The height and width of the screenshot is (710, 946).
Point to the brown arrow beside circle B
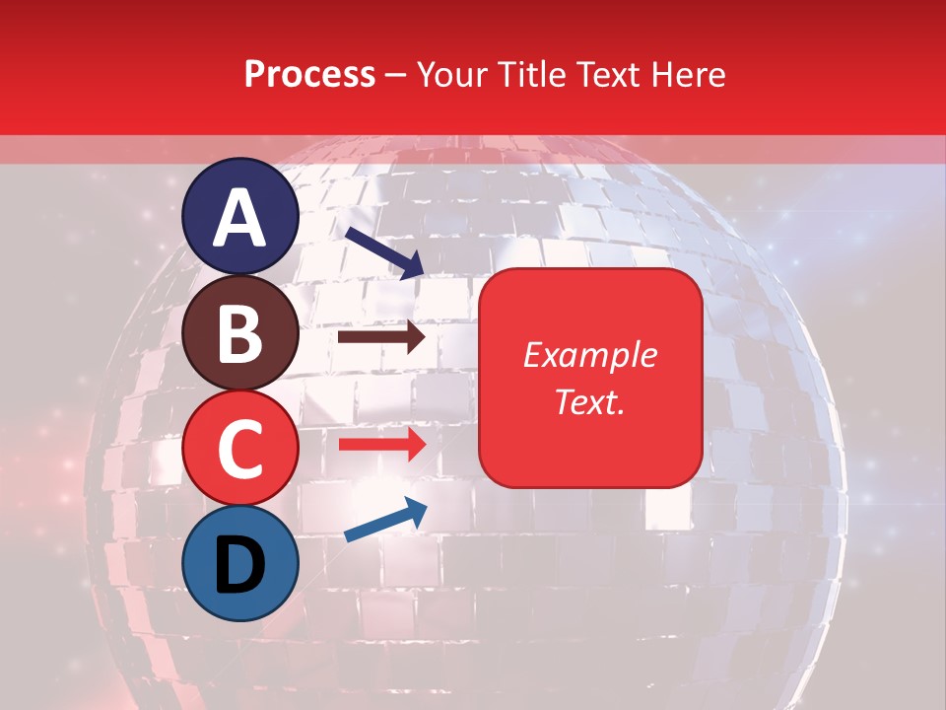(381, 337)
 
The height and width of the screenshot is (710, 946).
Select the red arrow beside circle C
(381, 444)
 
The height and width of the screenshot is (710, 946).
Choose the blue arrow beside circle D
(385, 521)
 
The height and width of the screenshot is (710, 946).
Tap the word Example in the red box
(590, 355)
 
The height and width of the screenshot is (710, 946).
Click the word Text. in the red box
(590, 401)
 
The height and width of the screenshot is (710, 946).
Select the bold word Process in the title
(309, 75)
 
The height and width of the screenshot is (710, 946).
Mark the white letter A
(240, 219)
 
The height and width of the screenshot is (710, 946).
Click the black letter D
(240, 564)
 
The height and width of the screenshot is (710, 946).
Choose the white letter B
(240, 333)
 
